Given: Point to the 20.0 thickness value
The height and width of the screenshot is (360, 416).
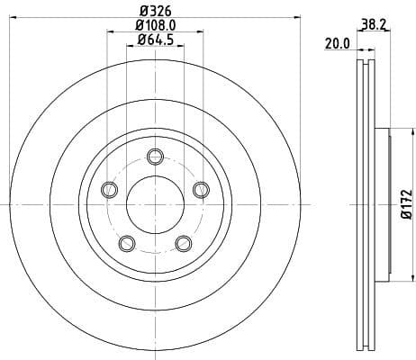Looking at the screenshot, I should coord(336,42).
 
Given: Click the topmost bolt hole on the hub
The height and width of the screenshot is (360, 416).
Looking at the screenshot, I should coord(154,154).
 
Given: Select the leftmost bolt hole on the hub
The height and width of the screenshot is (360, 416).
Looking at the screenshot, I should coord(110,188).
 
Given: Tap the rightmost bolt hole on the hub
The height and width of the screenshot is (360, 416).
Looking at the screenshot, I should coord(200,188).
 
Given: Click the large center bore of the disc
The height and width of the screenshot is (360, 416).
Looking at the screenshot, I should coord(155,205).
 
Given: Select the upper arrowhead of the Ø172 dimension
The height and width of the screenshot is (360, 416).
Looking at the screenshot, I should coord(393,130).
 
